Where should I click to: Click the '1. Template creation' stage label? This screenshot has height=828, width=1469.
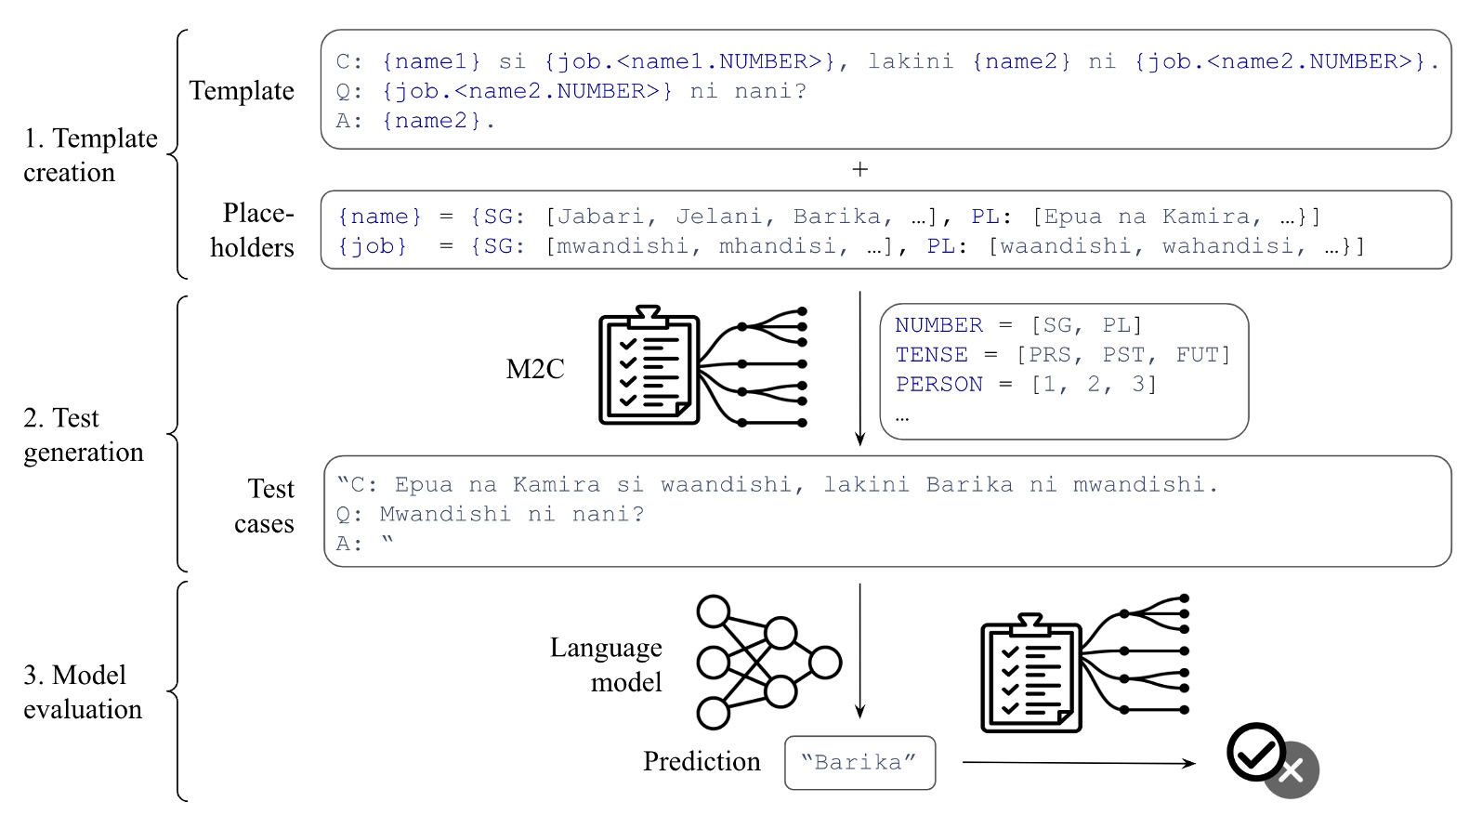pos(90,155)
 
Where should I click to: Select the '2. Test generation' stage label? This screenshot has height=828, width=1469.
pos(83,435)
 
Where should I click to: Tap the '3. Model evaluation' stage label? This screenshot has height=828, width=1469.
pos(82,691)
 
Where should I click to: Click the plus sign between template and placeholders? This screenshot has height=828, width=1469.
pos(859,170)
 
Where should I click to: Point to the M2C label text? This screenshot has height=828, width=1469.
pos(534,369)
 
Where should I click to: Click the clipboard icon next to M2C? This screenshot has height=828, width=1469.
pos(649,366)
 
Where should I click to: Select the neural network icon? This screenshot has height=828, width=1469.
pos(767,663)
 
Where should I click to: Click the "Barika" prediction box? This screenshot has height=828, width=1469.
pos(859,763)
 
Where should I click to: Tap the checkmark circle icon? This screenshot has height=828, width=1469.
pos(1255,753)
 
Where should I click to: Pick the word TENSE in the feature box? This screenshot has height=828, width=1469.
pos(931,355)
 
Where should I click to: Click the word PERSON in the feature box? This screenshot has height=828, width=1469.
pos(938,385)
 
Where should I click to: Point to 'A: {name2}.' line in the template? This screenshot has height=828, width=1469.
pos(415,121)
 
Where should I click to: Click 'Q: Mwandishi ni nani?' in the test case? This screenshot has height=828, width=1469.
pos(490,514)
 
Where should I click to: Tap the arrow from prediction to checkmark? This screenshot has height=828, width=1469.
pos(1078,763)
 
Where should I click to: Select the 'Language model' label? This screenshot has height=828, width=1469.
pos(607,664)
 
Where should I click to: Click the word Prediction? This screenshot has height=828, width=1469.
pos(702,762)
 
